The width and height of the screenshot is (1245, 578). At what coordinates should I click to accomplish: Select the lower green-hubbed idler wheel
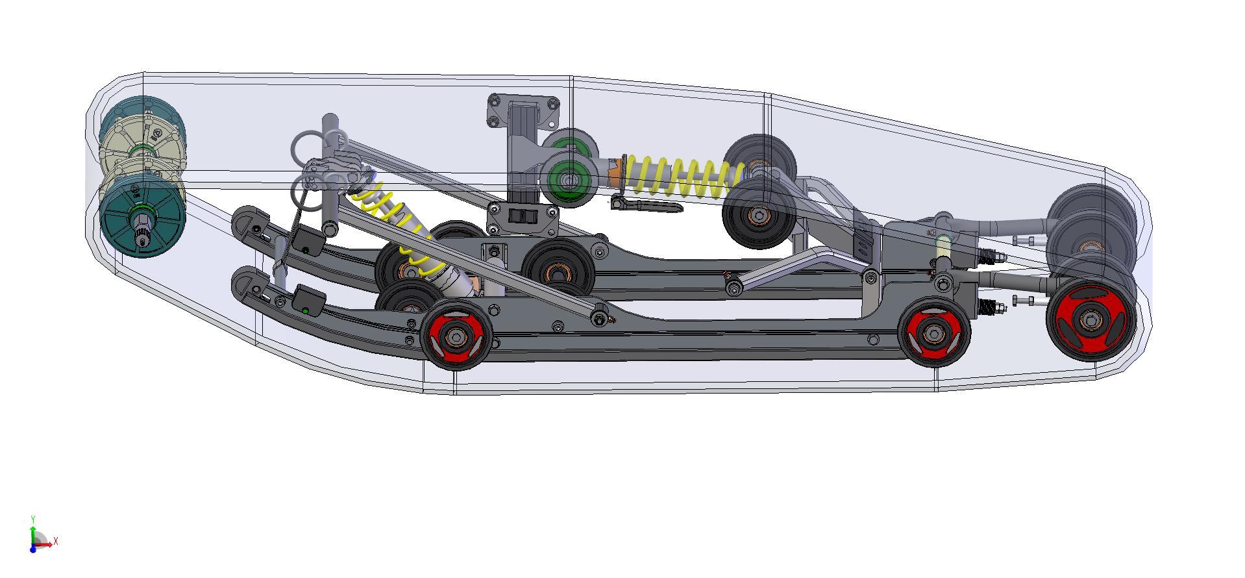(570, 181)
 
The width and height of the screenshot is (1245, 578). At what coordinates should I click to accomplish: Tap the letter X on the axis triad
(56, 540)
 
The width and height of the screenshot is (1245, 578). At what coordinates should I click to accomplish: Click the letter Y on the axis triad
(32, 519)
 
